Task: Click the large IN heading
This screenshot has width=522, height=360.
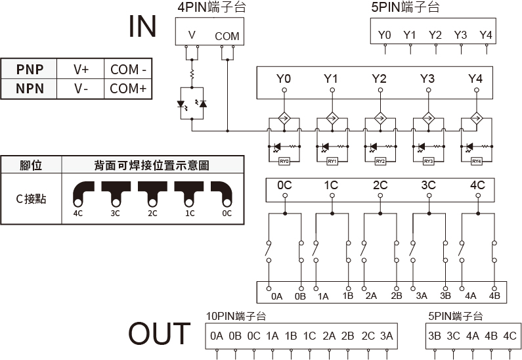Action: pyautogui.click(x=142, y=26)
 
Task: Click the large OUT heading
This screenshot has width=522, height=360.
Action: pyautogui.click(x=159, y=334)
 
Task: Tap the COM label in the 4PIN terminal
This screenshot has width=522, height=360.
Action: pyautogui.click(x=227, y=36)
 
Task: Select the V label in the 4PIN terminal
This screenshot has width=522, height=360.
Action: pyautogui.click(x=191, y=35)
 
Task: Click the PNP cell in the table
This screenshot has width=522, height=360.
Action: pyautogui.click(x=30, y=69)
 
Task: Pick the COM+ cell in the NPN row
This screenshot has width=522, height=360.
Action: pyautogui.click(x=128, y=88)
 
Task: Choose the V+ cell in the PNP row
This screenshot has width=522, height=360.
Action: pyautogui.click(x=81, y=69)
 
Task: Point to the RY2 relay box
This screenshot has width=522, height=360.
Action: pyautogui.click(x=380, y=161)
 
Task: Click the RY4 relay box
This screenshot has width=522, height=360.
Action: pyautogui.click(x=477, y=161)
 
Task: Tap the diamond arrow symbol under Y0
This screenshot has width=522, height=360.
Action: pyautogui.click(x=284, y=119)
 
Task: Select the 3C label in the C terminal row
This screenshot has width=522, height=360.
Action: pyautogui.click(x=428, y=185)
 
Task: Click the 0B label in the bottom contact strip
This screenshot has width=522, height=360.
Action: pyautogui.click(x=301, y=296)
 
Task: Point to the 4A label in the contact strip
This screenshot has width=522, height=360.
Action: pyautogui.click(x=470, y=296)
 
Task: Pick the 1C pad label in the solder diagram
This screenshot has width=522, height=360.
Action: pyautogui.click(x=190, y=214)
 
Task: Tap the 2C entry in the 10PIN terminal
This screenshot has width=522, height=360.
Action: pyautogui.click(x=368, y=336)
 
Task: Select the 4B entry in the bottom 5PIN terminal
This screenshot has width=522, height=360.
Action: pyautogui.click(x=490, y=336)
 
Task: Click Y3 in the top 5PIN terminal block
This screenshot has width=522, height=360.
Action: pyautogui.click(x=460, y=35)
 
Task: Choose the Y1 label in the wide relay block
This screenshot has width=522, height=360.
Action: pyautogui.click(x=331, y=79)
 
